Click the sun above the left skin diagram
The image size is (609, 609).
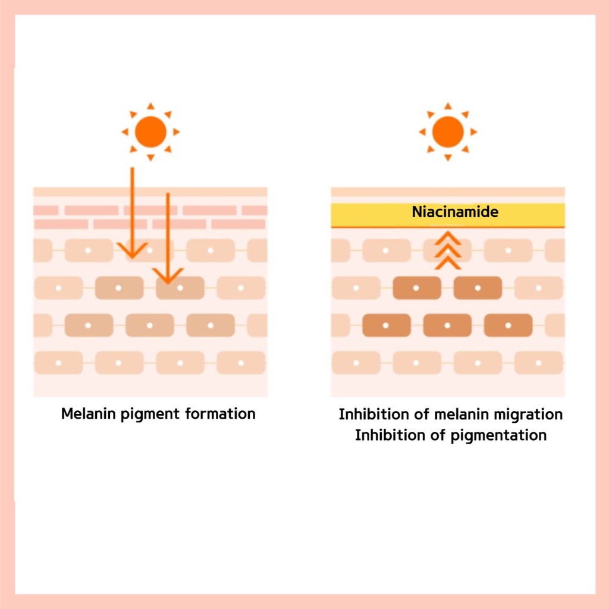150,131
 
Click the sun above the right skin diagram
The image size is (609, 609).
448,131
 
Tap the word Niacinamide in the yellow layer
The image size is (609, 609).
455,212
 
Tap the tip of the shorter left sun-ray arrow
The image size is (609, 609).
132,256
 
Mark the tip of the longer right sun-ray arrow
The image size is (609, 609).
168,281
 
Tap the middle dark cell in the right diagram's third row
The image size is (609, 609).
447,325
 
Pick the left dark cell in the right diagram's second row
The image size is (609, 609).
416,288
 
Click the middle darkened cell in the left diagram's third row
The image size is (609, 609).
150,325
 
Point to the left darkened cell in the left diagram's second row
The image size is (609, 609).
119,288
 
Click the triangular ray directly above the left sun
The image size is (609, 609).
150,106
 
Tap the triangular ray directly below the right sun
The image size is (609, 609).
448,158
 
